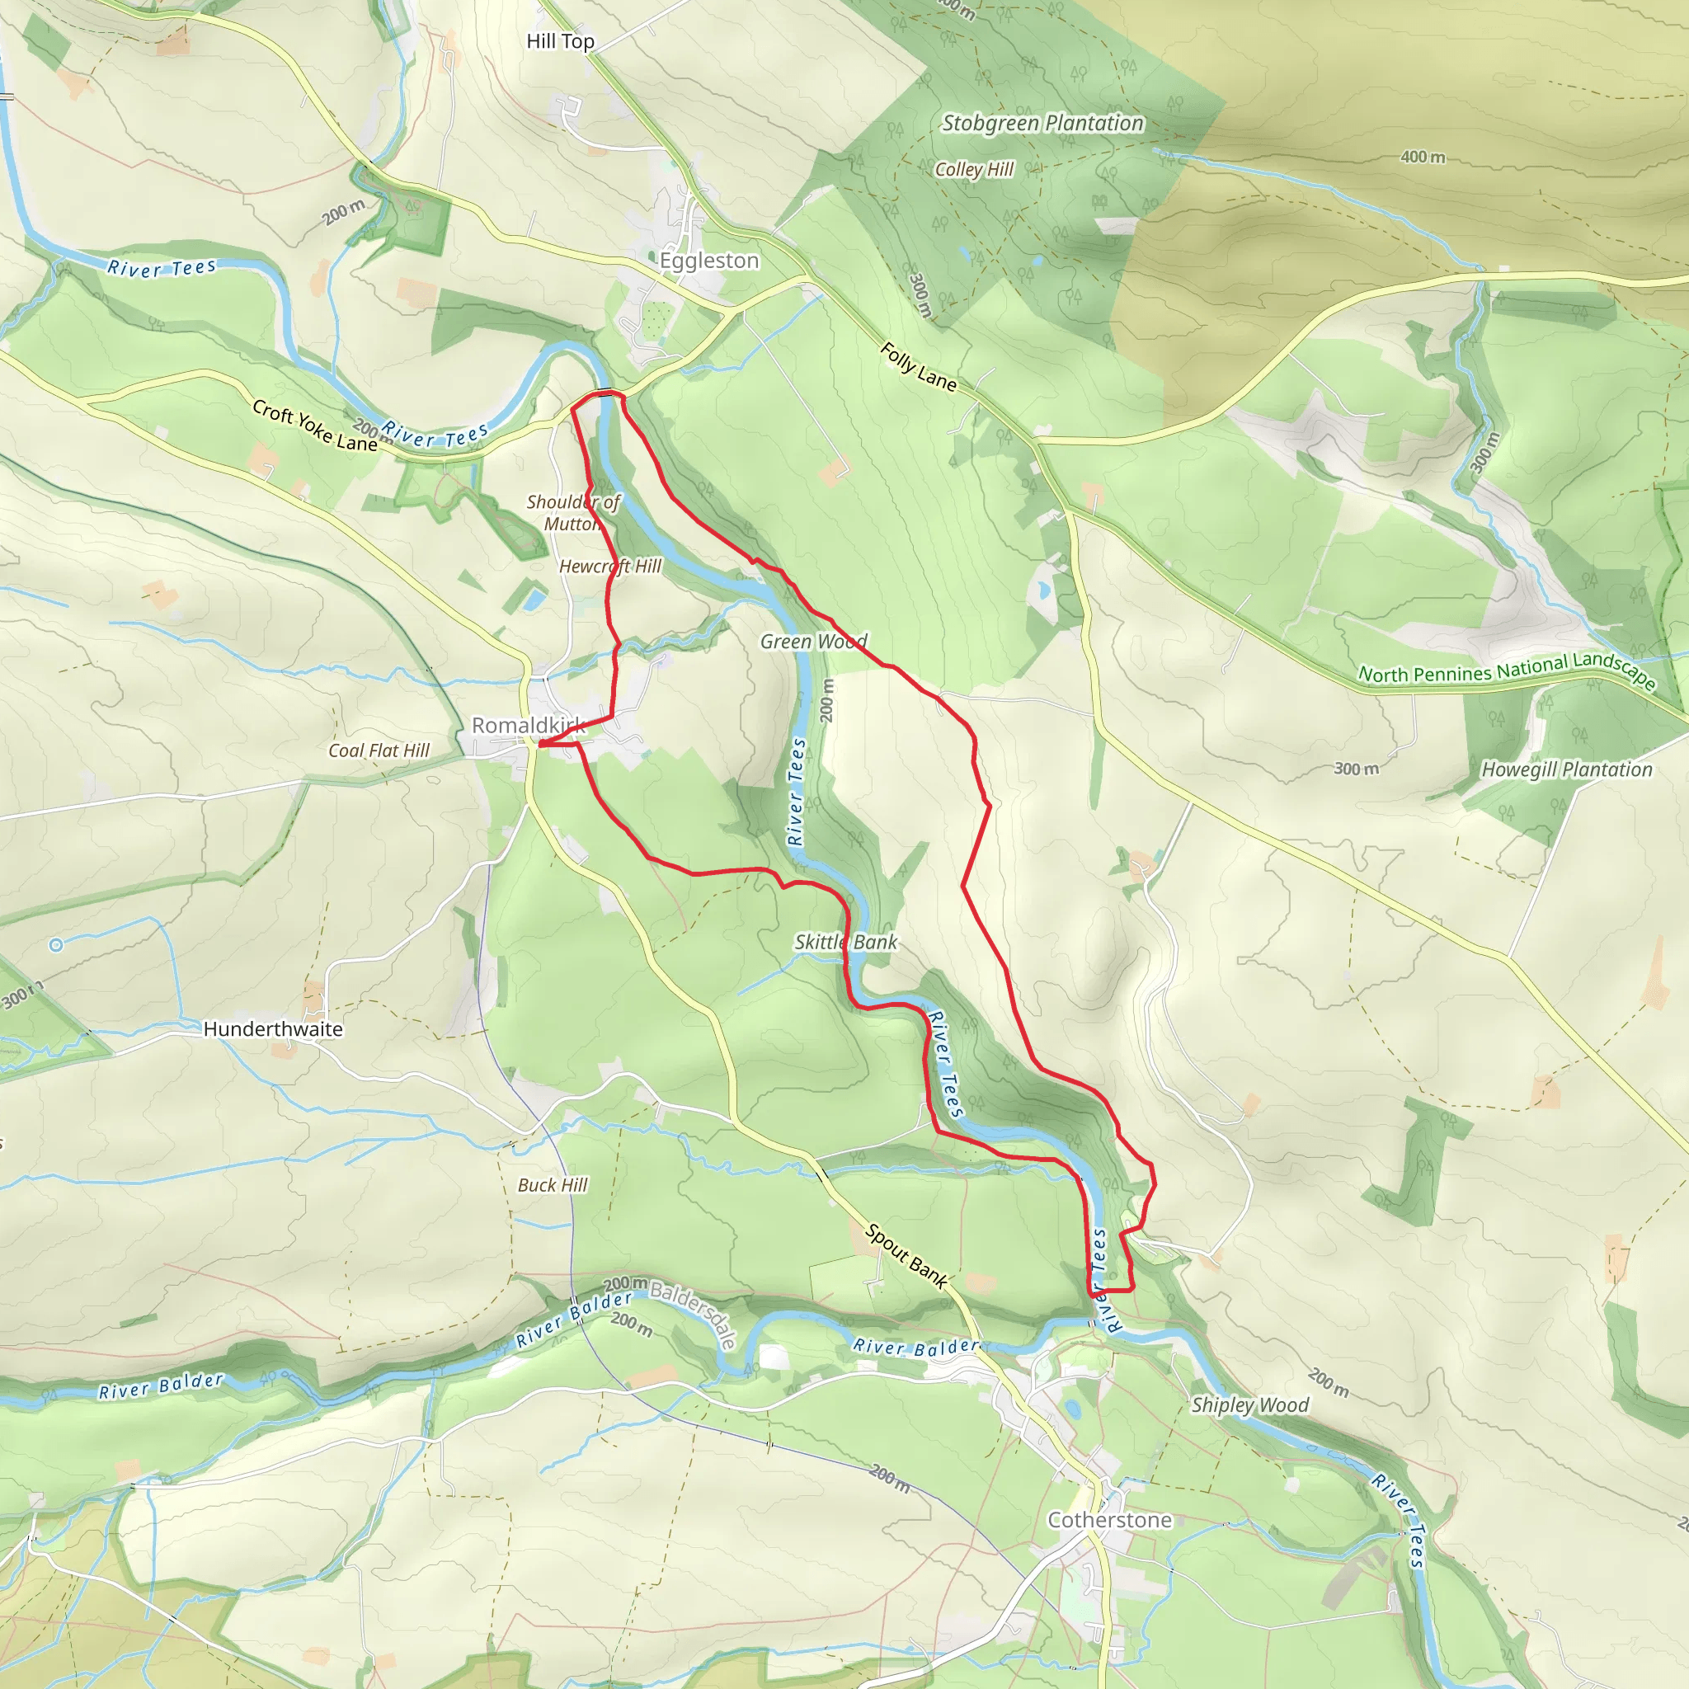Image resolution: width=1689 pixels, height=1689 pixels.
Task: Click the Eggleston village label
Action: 708,261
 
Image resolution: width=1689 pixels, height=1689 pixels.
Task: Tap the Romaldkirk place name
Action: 527,725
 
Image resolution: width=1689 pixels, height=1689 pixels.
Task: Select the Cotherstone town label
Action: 1109,1519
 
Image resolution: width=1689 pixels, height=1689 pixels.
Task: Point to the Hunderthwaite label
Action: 273,1029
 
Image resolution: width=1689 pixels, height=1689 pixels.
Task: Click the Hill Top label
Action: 559,41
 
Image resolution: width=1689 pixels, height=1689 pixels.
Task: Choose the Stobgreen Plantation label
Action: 1042,123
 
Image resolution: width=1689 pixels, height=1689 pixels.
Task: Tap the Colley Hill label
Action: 974,170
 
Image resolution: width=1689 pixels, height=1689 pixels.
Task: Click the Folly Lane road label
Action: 917,366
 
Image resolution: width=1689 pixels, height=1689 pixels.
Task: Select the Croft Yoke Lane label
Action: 314,426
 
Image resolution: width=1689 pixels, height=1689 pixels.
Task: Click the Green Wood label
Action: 813,642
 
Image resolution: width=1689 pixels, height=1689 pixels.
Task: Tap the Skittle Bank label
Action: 845,942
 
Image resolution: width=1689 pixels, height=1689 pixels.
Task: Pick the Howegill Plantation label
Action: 1567,769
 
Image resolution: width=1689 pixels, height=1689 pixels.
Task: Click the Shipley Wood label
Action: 1250,1404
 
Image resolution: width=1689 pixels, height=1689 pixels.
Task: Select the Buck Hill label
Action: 553,1184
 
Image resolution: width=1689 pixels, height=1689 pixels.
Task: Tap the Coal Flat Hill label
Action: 379,750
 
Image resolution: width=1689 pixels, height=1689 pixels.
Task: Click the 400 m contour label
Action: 1423,158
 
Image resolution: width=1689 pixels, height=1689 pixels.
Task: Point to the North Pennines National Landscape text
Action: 1506,670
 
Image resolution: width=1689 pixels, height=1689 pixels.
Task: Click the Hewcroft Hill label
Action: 610,566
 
